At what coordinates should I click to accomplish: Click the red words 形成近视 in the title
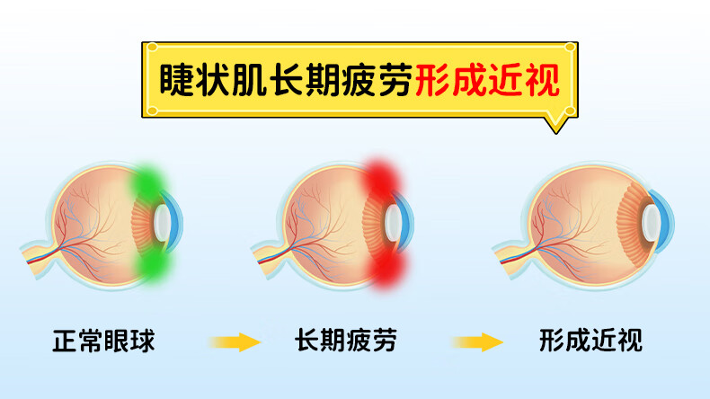coord(487,81)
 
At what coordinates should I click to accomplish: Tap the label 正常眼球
coord(104,341)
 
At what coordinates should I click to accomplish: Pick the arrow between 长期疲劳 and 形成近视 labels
coord(476,341)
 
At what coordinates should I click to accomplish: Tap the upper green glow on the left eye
coord(150,182)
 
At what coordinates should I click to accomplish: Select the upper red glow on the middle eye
coord(383,180)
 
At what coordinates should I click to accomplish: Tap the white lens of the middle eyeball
coord(394,220)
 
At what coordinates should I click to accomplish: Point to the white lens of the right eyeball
coord(648,220)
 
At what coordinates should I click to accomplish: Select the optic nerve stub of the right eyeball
coord(507,252)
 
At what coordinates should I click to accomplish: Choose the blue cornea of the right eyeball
coord(665,220)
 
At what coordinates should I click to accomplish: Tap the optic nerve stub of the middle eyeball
coord(266,251)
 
